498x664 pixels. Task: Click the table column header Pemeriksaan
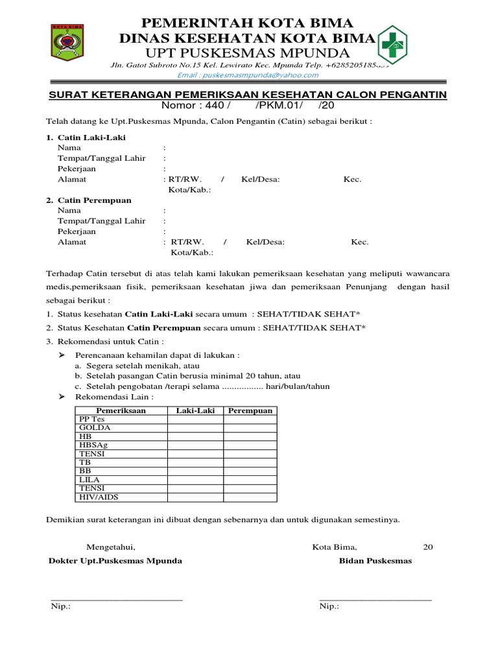[x=121, y=410]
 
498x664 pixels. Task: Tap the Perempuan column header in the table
[x=250, y=410]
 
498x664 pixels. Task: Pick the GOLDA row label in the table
[x=95, y=428]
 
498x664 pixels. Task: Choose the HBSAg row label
[x=95, y=445]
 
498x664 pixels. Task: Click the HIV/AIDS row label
[x=99, y=497]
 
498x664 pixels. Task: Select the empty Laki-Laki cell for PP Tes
[x=196, y=420]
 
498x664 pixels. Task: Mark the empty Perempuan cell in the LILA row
[x=250, y=479]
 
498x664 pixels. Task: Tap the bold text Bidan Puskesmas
[x=375, y=561]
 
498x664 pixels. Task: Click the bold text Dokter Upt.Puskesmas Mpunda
[x=116, y=561]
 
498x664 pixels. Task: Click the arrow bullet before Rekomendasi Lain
[x=62, y=396]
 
